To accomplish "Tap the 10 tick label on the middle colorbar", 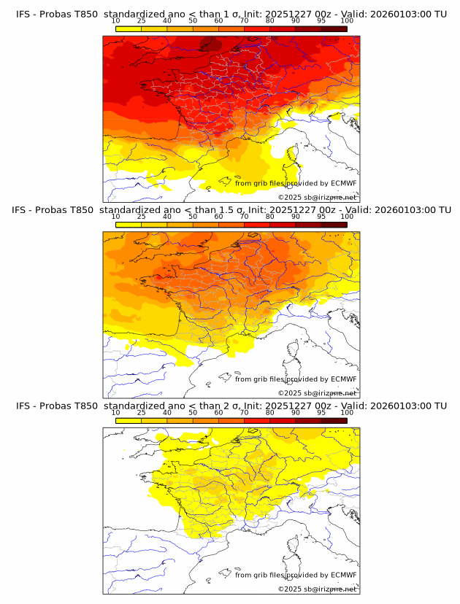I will (116, 217).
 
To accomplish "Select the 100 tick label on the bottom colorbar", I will (347, 413).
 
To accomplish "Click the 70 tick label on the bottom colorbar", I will (244, 413).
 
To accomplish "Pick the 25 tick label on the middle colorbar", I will (142, 217).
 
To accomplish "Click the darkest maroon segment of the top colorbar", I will (334, 28).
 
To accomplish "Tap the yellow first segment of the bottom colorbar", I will (129, 421).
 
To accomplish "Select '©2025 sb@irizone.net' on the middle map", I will (317, 393).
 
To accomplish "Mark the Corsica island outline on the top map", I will (295, 155).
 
